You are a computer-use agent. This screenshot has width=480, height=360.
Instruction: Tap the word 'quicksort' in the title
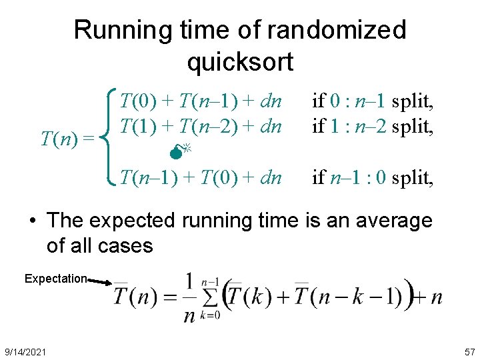coord(240,63)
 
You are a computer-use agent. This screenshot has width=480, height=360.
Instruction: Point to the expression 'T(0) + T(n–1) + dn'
coord(200,101)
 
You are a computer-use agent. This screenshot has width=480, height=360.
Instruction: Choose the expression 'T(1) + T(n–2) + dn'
coord(200,126)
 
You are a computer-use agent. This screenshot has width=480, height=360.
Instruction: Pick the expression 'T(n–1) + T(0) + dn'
coord(200,177)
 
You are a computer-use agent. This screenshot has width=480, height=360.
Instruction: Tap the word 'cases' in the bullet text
coord(127,245)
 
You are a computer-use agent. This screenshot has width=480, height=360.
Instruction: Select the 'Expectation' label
coord(56,279)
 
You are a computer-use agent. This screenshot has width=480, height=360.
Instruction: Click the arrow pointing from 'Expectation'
coord(100,282)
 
